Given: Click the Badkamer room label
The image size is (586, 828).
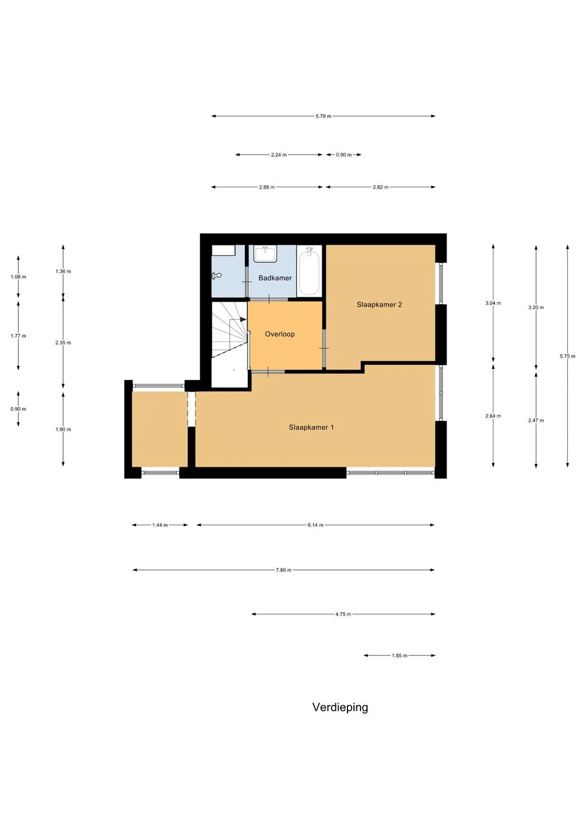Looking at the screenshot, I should (275, 278).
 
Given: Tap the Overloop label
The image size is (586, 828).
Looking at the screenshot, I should (280, 334).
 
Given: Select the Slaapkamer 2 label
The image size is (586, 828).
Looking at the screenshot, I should (379, 304).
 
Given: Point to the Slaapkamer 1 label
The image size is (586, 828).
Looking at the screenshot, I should (311, 427).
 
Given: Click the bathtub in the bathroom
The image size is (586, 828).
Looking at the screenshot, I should (309, 272).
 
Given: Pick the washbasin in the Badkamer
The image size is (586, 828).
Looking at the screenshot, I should (265, 254).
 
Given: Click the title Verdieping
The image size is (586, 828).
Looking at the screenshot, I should (340, 707).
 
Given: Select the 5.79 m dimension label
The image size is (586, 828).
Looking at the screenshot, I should (323, 117).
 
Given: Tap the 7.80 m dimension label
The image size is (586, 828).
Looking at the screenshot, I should (283, 570).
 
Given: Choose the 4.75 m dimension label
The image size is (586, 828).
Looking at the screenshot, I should (343, 614).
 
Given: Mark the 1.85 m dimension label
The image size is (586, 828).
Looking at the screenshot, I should (399, 656).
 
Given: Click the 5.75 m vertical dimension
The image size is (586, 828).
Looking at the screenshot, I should (567, 356).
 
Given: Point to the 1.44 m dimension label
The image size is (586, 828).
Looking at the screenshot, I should (159, 525).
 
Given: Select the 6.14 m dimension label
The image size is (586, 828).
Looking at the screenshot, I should (315, 525).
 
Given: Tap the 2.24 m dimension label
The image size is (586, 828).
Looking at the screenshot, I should (278, 155).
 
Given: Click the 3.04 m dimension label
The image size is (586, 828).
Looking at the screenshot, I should (493, 303).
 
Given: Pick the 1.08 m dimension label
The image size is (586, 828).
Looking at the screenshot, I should (18, 277).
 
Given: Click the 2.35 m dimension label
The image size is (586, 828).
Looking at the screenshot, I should (63, 343).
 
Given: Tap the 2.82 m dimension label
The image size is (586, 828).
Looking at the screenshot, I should (380, 187).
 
